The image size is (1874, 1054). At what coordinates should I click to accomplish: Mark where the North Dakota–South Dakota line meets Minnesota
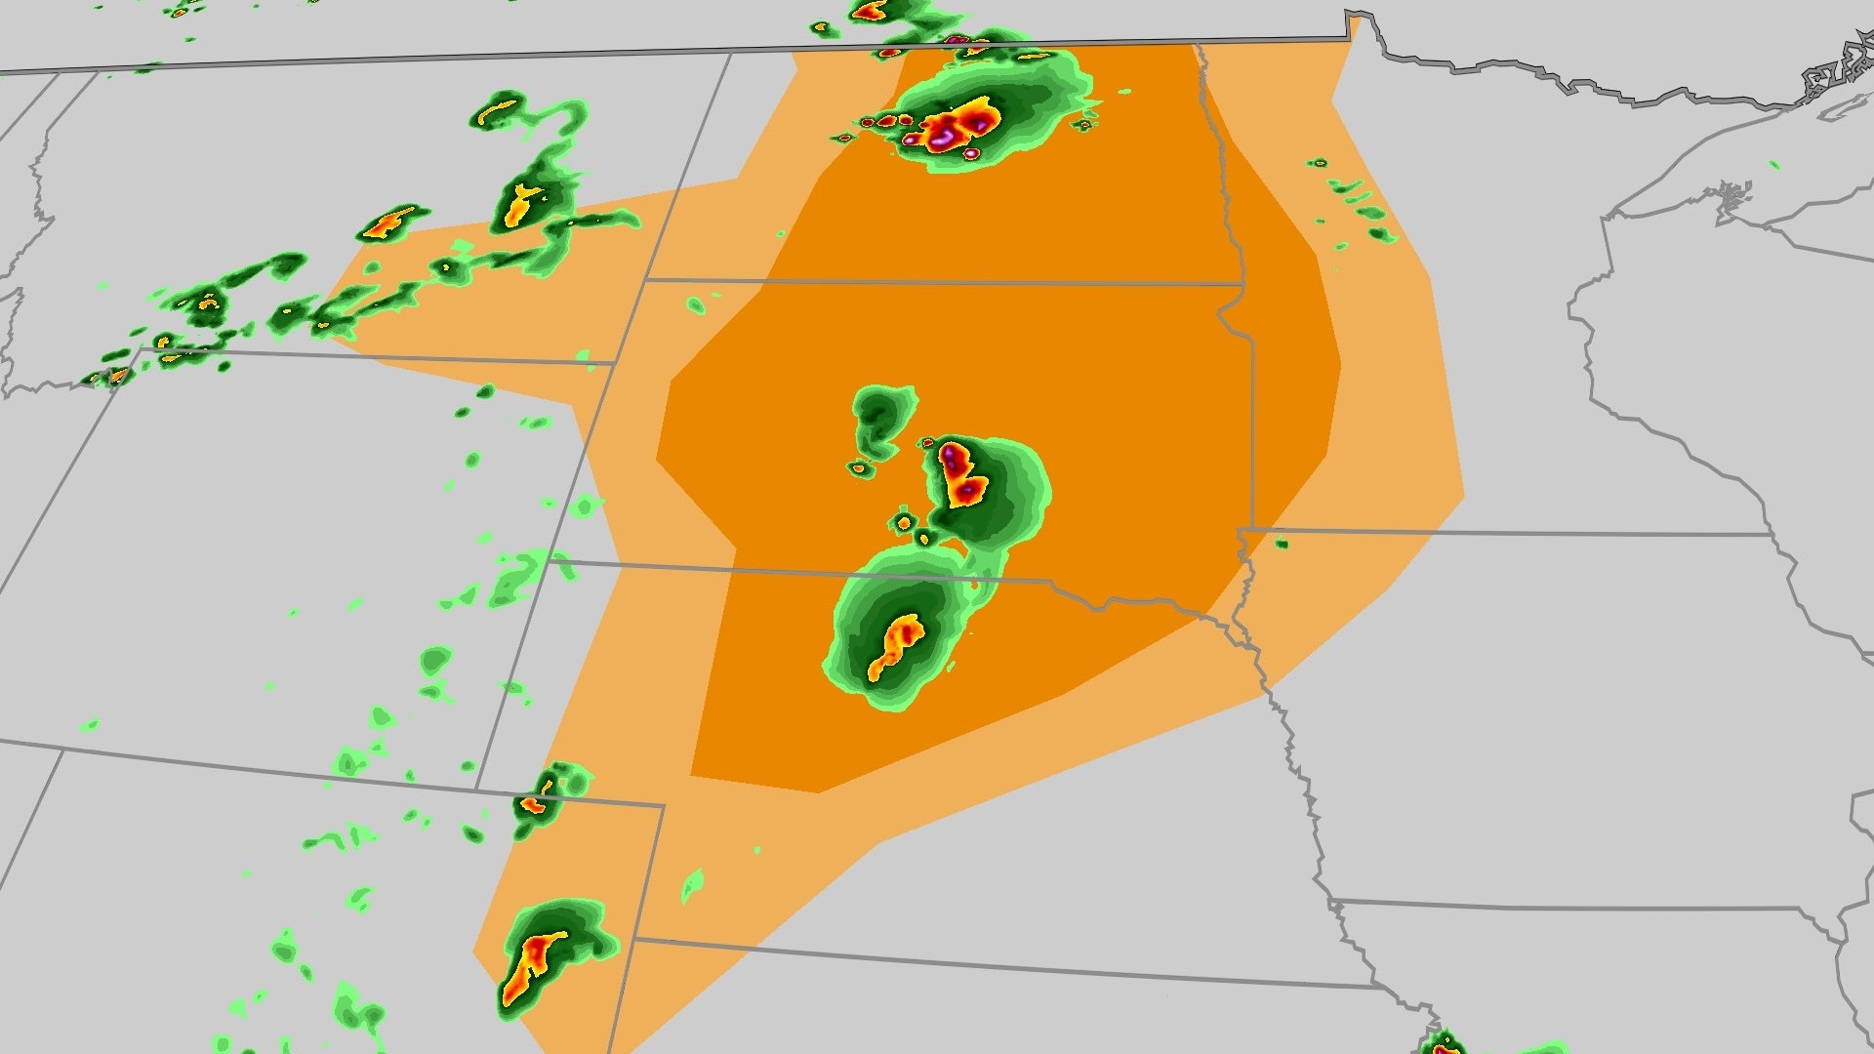pyautogui.click(x=1242, y=284)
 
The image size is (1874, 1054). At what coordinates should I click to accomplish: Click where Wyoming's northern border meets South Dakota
pyautogui.click(x=613, y=364)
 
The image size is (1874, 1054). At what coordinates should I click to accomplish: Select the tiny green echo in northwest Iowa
pyautogui.click(x=1281, y=544)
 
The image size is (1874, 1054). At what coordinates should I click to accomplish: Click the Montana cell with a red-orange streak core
pyautogui.click(x=389, y=223)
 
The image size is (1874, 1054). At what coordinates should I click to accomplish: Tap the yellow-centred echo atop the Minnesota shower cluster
pyautogui.click(x=1318, y=163)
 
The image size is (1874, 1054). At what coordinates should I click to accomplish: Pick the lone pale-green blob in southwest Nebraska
pyautogui.click(x=692, y=886)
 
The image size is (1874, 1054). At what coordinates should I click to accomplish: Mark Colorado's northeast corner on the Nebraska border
pyautogui.click(x=664, y=806)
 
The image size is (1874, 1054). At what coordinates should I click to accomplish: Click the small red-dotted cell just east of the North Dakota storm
pyautogui.click(x=1083, y=124)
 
